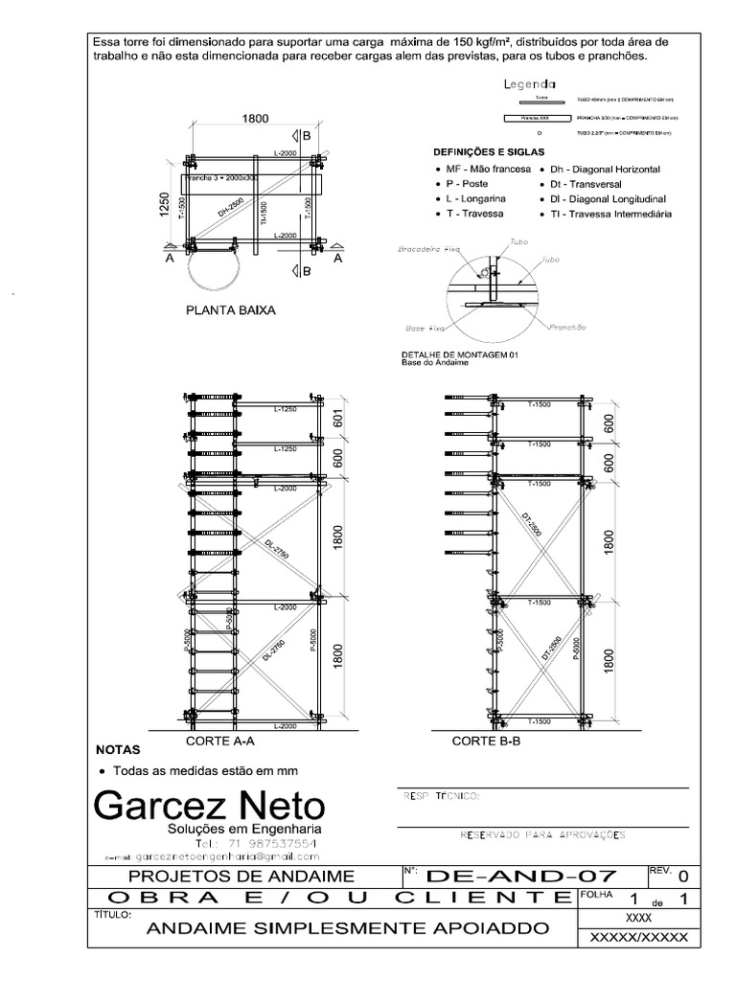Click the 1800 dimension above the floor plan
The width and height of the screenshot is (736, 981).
[254, 119]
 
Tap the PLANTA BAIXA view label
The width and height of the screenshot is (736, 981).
[230, 310]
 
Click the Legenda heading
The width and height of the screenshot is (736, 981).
[543, 84]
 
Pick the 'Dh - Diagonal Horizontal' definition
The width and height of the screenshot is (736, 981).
[605, 169]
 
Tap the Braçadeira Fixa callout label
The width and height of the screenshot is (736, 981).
[428, 248]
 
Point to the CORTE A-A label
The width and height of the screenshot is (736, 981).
[218, 741]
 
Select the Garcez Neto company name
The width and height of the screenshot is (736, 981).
[209, 803]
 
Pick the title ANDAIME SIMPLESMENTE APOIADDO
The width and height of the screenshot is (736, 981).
[348, 928]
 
